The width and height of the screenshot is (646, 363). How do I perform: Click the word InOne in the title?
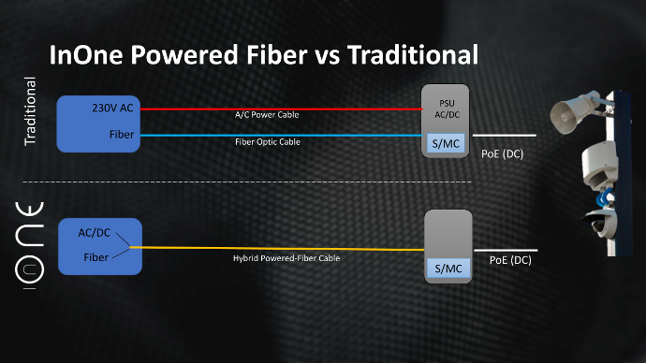click(x=86, y=55)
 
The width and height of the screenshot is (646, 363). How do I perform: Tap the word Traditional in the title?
click(x=413, y=55)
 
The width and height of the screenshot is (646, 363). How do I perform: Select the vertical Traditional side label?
click(x=31, y=111)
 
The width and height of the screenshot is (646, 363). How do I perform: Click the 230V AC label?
click(x=112, y=108)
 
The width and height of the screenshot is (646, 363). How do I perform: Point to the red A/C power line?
click(x=282, y=109)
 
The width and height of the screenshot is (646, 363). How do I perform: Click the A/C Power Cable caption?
click(x=267, y=115)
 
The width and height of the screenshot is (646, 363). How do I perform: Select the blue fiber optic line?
click(x=282, y=135)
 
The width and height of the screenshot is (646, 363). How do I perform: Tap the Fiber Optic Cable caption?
click(x=268, y=142)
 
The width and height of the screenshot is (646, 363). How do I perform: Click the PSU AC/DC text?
click(x=447, y=109)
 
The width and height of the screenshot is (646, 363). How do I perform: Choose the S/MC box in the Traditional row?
click(x=446, y=143)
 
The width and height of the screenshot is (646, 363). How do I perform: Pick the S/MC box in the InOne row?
click(x=448, y=269)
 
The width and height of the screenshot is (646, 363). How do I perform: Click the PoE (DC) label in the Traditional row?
click(x=502, y=154)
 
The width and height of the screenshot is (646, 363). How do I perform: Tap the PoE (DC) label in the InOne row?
click(x=510, y=260)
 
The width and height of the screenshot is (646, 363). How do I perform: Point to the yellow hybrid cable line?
click(x=277, y=248)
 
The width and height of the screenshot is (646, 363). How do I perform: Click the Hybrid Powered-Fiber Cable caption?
click(x=286, y=258)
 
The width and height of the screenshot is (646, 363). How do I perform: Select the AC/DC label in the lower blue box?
click(x=95, y=233)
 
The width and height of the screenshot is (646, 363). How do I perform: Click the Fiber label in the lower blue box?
click(x=96, y=257)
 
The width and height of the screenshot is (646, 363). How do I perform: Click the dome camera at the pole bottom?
click(x=600, y=224)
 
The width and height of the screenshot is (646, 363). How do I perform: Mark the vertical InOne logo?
click(x=29, y=245)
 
